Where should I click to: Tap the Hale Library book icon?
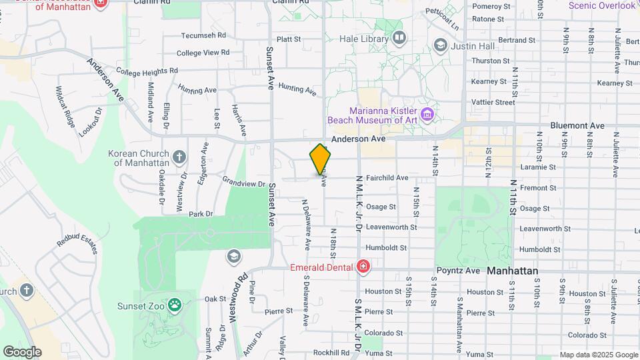point(399,38)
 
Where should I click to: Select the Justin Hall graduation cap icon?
point(439,45)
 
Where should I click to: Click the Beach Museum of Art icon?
point(427,115)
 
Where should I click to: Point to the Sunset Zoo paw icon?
point(175,305)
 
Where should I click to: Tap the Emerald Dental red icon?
point(363,268)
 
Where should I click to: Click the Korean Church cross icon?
point(179,158)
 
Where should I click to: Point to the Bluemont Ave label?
point(577,125)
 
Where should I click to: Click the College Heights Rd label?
point(147,70)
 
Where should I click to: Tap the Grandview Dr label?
point(244,181)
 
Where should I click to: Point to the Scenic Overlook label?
point(602,5)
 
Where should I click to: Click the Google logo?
point(22,351)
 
